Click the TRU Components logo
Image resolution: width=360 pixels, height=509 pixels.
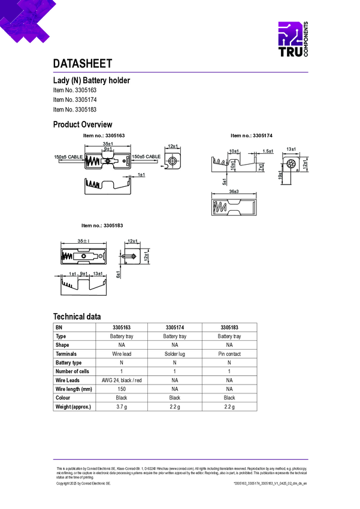(x=294, y=41)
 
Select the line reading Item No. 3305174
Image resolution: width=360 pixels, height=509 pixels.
(x=75, y=99)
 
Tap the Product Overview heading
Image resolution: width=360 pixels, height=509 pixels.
(x=83, y=125)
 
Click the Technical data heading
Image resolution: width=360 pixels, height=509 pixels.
(x=77, y=317)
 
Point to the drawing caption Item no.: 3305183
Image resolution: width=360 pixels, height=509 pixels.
(x=102, y=225)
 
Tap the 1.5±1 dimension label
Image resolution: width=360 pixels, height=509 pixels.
(x=268, y=151)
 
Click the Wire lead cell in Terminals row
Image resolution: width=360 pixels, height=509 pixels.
(x=122, y=354)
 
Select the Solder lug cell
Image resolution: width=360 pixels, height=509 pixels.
(x=175, y=354)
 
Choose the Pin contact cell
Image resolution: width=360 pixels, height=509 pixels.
(x=229, y=354)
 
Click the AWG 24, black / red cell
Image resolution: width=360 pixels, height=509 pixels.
(x=122, y=380)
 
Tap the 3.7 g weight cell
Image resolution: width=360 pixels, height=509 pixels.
(x=122, y=407)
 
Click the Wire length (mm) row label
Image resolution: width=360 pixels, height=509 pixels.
(x=74, y=389)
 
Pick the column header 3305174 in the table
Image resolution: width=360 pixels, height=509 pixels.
(x=175, y=328)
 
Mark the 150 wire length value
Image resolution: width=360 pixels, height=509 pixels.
(x=122, y=389)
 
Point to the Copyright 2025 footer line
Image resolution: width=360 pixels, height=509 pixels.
(x=84, y=483)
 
